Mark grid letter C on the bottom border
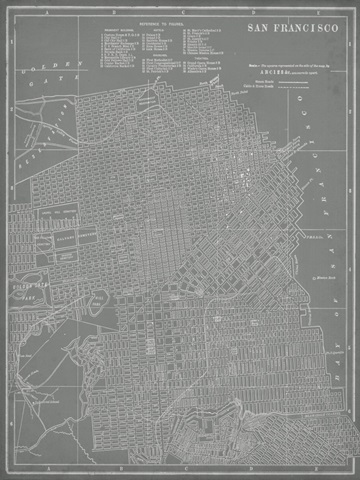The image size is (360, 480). pyautogui.click(x=185, y=473)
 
